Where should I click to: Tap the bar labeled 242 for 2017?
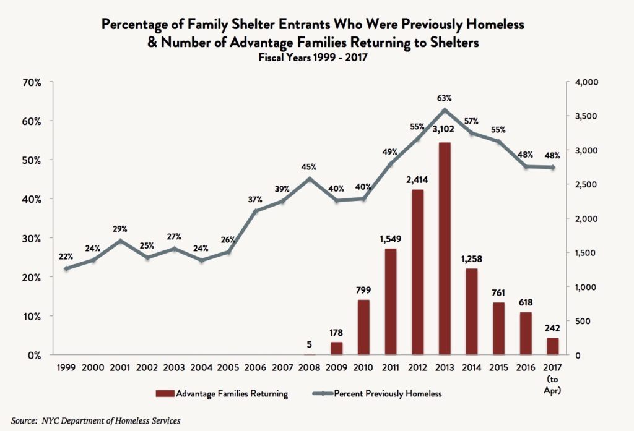point(552,346)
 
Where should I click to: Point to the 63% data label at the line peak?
point(444,98)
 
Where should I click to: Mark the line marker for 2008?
point(309,179)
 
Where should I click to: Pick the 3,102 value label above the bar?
point(444,129)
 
